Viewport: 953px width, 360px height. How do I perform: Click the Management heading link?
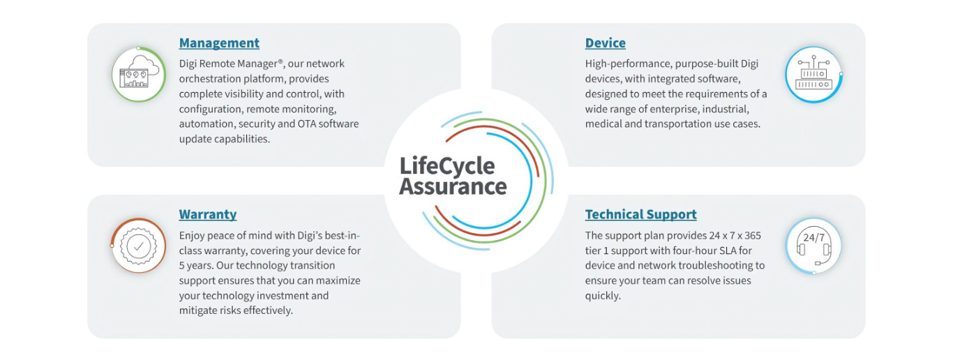[219, 43]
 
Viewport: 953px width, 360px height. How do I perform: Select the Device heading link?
[605, 43]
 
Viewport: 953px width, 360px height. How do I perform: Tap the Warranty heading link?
[207, 215]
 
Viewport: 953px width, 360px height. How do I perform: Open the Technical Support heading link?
[640, 215]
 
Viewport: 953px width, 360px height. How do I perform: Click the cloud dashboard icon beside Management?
[138, 74]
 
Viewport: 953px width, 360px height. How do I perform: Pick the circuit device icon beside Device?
[813, 74]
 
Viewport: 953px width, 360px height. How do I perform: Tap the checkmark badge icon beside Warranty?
[138, 246]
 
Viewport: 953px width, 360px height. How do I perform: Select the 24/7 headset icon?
[813, 246]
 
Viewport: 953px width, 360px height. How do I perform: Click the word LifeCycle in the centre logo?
[447, 166]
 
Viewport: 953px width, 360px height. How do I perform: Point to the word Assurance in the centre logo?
[453, 187]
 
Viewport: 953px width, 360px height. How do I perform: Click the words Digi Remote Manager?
[224, 64]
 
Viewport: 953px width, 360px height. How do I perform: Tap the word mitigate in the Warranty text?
[199, 310]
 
